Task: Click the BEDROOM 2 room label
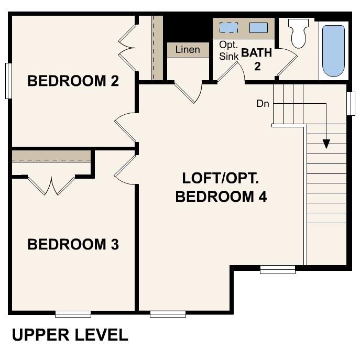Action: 73,81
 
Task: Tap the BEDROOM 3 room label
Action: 73,244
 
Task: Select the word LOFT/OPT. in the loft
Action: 220,178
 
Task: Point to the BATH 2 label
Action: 256,59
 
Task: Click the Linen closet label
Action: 188,50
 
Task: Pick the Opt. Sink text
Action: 229,51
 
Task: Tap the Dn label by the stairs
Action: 263,104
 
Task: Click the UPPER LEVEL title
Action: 70,335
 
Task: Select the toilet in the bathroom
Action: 299,33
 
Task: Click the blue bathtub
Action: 333,50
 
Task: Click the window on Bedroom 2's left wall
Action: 8,81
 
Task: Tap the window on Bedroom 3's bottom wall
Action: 73,314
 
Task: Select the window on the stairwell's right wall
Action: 351,103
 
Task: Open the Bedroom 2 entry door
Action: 125,127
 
